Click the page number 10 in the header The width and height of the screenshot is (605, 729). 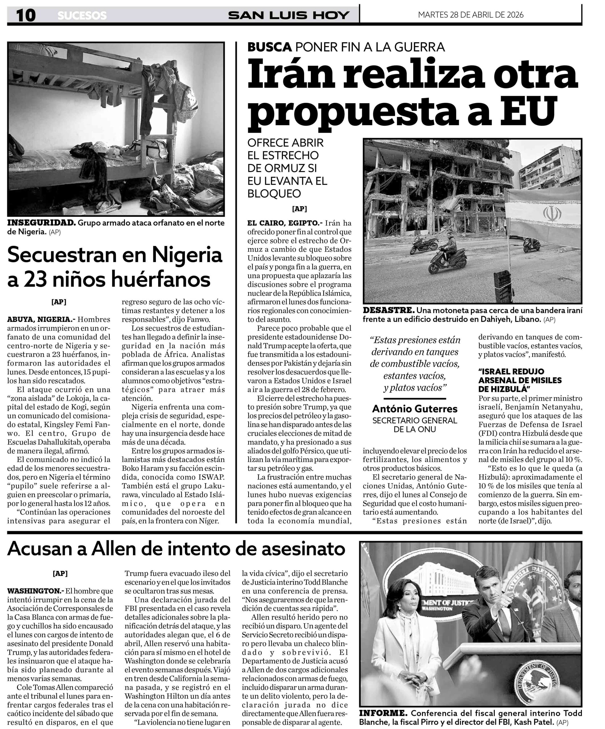(x=26, y=15)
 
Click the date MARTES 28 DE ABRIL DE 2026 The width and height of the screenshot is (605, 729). (x=470, y=15)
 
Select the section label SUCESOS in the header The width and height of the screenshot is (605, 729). (x=82, y=16)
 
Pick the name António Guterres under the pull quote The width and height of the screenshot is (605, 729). (x=415, y=409)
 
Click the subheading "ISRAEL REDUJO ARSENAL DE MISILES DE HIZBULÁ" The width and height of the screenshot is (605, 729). (x=520, y=380)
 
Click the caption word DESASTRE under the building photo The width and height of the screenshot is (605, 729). (x=388, y=310)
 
